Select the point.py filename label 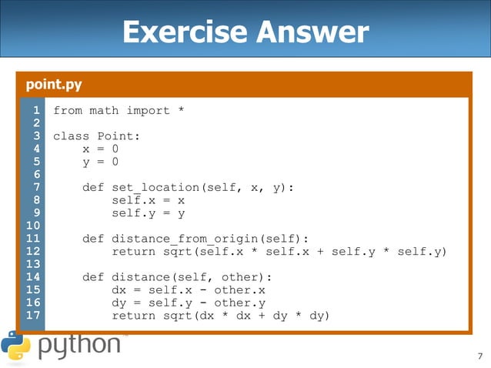[x=54, y=84]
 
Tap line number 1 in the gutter [x=35, y=111]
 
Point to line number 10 [x=33, y=226]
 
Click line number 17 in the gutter [x=33, y=316]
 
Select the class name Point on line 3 [x=119, y=136]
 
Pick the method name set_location [x=156, y=187]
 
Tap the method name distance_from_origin [x=193, y=239]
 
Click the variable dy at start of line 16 [x=119, y=303]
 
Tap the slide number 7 [x=479, y=356]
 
